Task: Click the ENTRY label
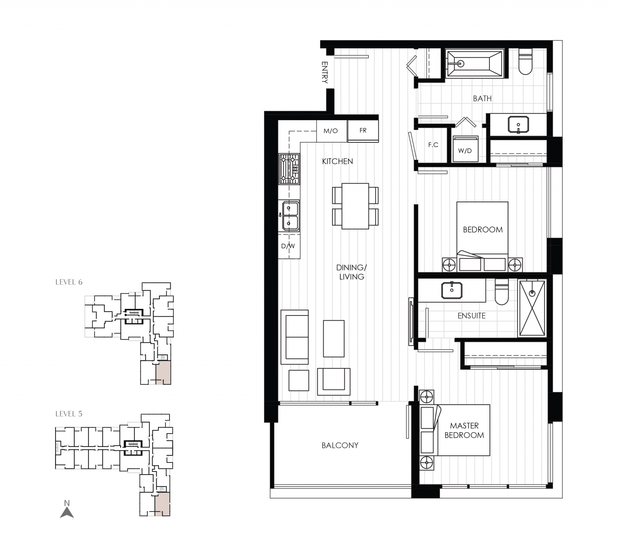point(325,72)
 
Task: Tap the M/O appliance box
point(331,131)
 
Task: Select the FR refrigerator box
point(363,131)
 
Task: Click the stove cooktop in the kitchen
point(289,169)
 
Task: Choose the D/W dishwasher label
point(288,246)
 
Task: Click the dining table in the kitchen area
point(355,206)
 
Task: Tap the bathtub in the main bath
point(475,63)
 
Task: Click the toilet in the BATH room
point(526,63)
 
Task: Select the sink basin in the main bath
point(518,125)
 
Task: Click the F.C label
point(433,145)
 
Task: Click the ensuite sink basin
point(452,290)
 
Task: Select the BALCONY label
point(340,445)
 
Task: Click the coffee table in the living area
point(334,338)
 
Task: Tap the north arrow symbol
point(67,510)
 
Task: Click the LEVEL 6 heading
point(69,282)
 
